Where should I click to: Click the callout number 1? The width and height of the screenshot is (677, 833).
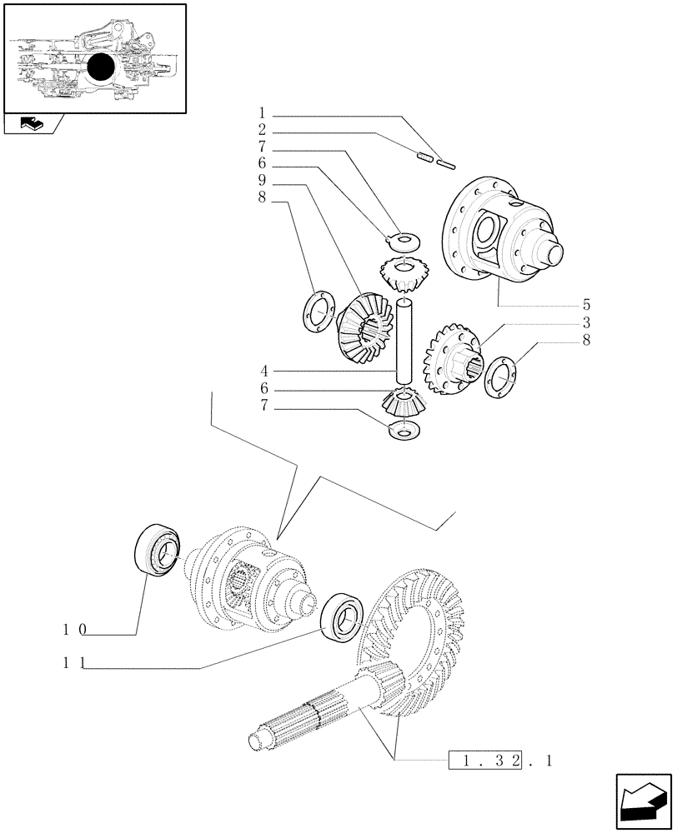point(262,113)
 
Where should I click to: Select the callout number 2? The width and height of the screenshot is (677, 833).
point(262,131)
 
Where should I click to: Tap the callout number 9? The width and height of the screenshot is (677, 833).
point(262,182)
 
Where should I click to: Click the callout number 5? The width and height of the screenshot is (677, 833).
point(587,304)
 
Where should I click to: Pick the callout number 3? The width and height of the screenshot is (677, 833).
point(587,322)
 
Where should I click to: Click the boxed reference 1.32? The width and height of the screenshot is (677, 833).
point(488,760)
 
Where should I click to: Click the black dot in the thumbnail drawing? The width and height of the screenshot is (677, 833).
point(101,67)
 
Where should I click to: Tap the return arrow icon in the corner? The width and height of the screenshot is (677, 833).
point(643,802)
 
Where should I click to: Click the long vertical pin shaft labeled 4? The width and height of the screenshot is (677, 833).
point(405,338)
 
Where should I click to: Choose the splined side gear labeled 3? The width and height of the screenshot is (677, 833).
point(454,357)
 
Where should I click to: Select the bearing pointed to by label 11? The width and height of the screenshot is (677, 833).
point(341,616)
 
